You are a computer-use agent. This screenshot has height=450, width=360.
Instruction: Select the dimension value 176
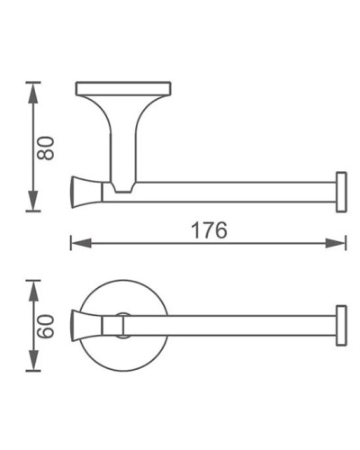point(209,229)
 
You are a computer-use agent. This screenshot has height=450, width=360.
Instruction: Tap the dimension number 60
point(48,325)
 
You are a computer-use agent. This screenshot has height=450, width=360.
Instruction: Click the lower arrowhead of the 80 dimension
point(33,205)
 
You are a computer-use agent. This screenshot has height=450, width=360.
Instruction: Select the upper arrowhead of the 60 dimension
point(33,286)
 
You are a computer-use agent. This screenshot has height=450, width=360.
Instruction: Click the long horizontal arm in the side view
point(234,190)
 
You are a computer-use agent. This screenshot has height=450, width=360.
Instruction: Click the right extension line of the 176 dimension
point(346,229)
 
